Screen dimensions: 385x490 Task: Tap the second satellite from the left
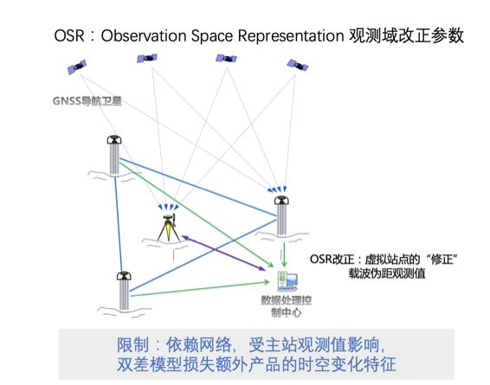145,59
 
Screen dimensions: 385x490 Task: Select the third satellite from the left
227,59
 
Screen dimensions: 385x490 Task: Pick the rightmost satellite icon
298,64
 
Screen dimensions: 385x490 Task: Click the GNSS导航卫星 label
86,100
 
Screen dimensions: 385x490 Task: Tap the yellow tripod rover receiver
167,227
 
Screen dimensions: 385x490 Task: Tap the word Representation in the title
287,35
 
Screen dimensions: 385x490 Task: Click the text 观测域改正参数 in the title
407,35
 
